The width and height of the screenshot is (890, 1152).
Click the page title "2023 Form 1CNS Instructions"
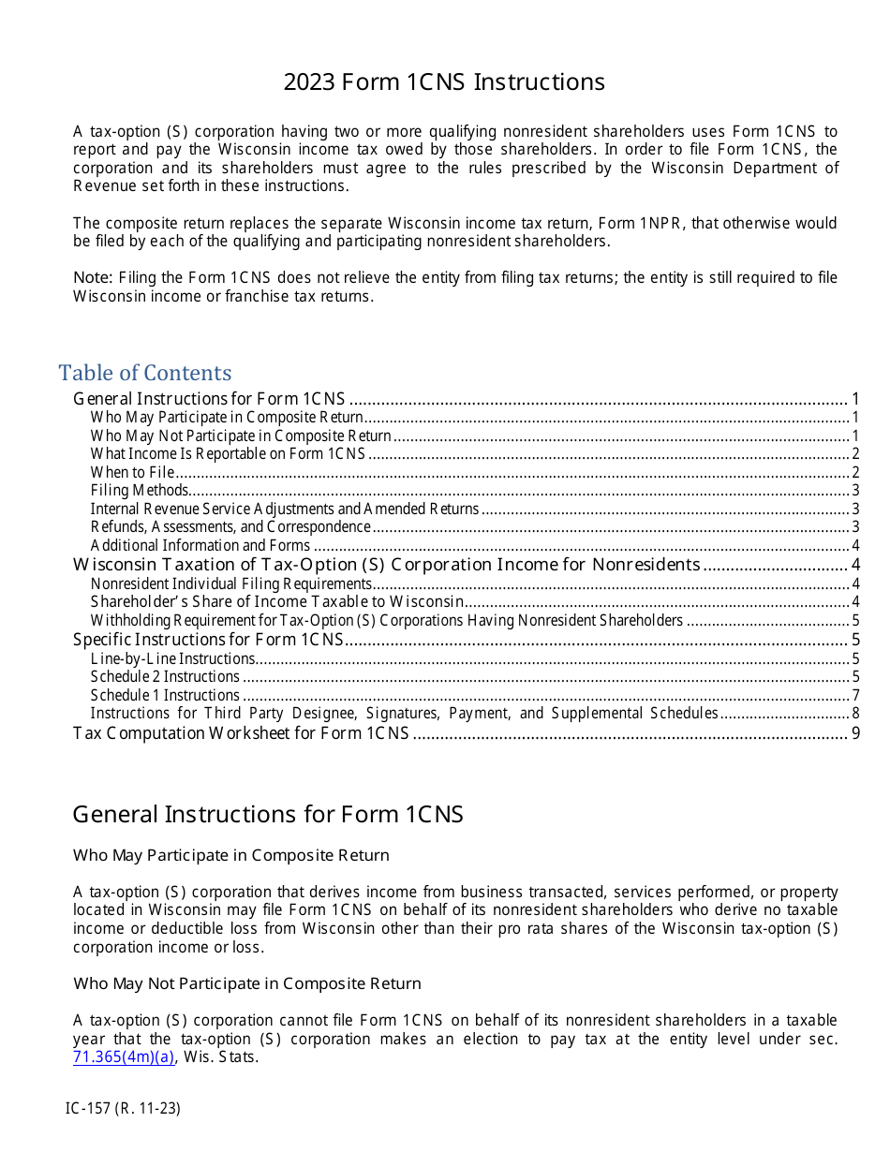[x=444, y=82]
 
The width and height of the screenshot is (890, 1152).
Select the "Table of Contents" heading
[x=145, y=373]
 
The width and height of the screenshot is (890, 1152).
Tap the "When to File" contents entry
[x=132, y=472]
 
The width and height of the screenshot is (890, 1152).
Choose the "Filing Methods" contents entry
[x=140, y=491]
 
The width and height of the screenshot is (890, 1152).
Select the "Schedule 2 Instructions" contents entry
[x=165, y=676]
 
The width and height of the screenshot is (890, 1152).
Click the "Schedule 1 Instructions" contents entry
[x=165, y=695]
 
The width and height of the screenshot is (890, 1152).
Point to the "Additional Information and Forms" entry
[x=200, y=546]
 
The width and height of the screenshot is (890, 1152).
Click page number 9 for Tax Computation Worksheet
[x=855, y=732]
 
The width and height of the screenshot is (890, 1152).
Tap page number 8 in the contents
[x=855, y=714]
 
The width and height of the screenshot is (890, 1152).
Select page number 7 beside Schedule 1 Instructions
[x=855, y=695]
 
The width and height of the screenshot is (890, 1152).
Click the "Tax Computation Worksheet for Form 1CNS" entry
[x=241, y=732]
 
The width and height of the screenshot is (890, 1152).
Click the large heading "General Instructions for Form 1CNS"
[x=268, y=814]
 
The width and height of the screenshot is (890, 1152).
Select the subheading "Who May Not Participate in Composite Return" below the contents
[x=247, y=983]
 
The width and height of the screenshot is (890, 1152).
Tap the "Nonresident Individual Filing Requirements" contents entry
[x=230, y=583]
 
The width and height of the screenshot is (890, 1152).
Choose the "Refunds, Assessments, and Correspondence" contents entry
[x=230, y=527]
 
